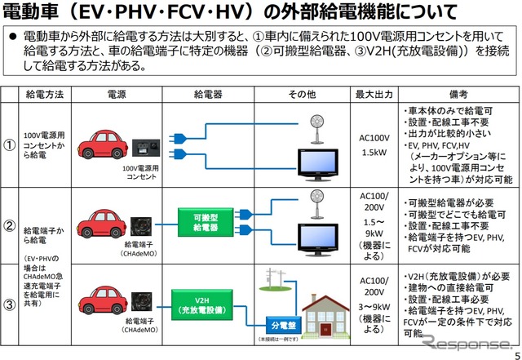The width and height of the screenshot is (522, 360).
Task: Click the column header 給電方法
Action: [45, 95]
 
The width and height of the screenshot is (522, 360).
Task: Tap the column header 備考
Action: [457, 95]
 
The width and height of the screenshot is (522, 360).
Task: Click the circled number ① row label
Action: [11, 144]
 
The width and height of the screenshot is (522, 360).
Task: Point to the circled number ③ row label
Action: [11, 304]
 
